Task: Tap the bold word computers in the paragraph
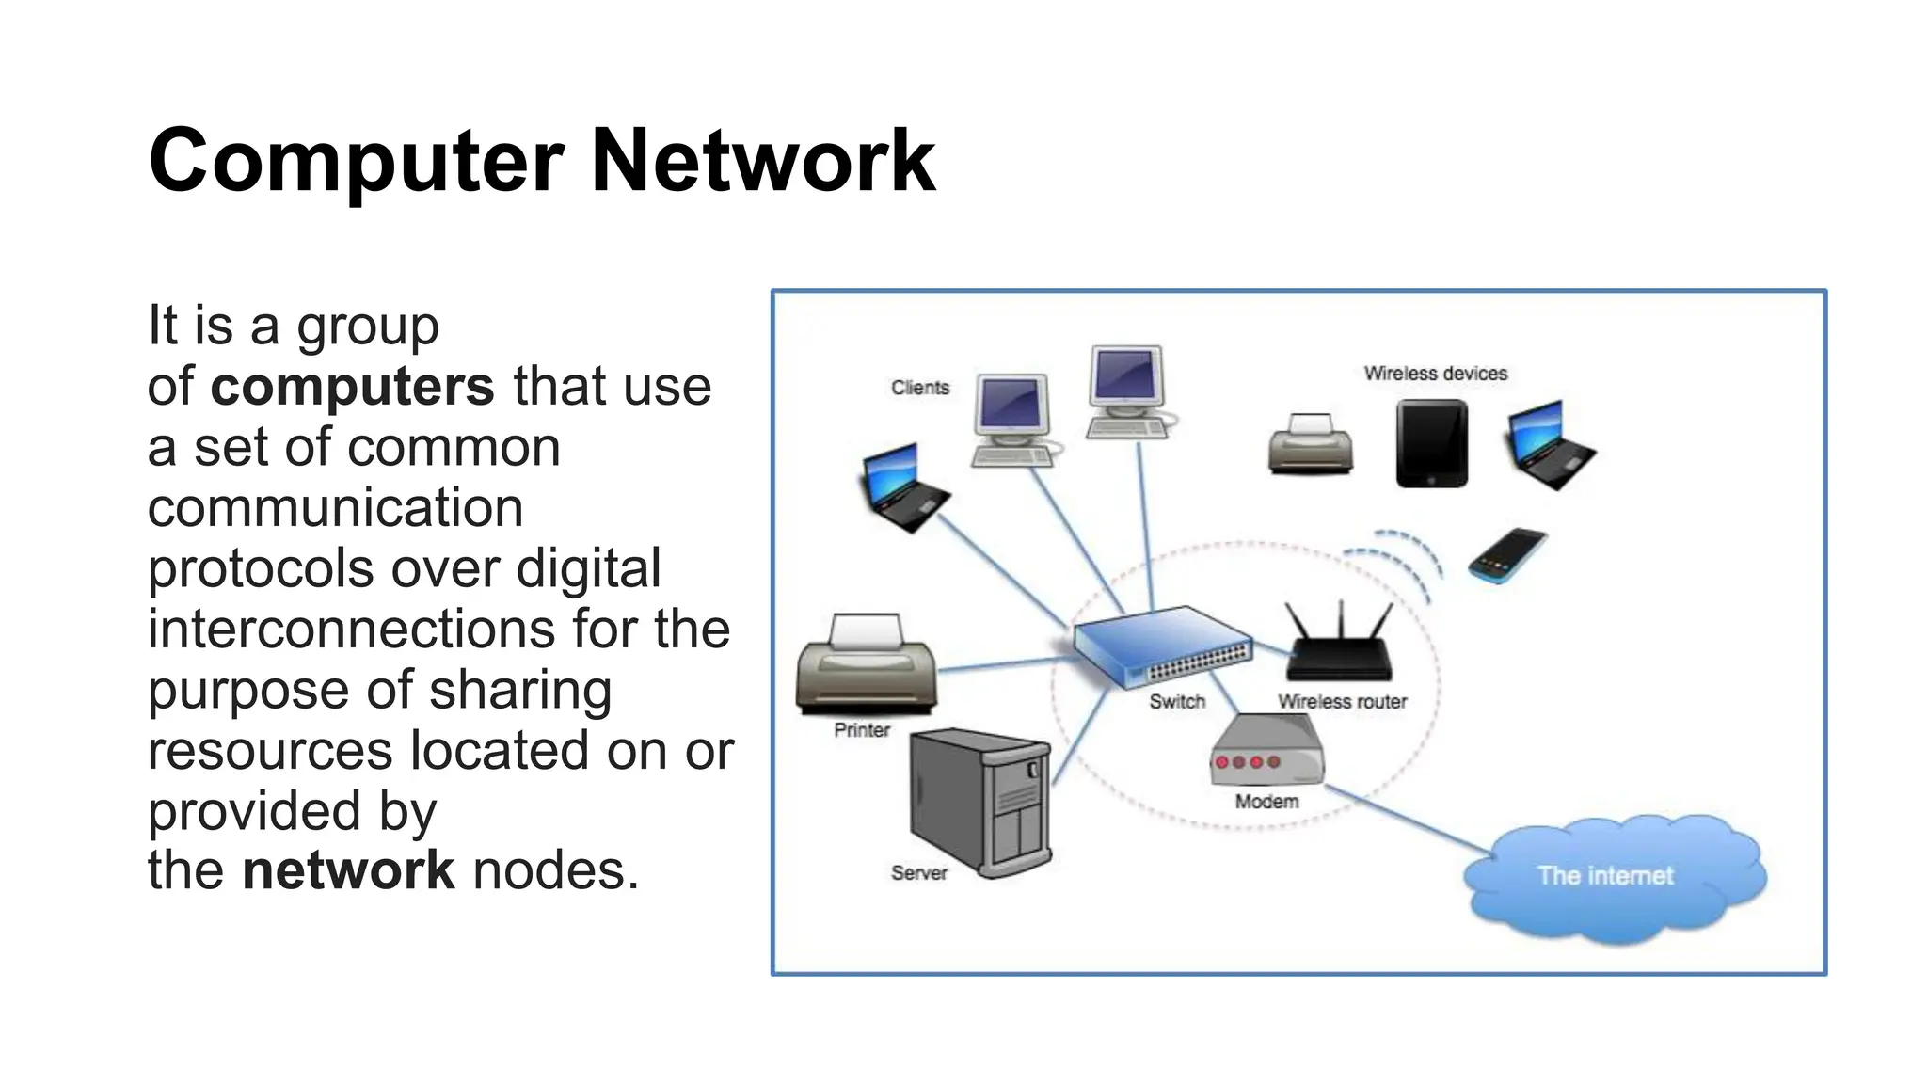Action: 352,386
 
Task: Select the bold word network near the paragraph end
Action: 348,869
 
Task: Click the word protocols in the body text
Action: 260,568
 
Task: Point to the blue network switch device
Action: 1163,645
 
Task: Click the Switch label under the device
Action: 1176,702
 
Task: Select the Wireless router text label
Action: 1342,702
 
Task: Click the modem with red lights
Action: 1267,752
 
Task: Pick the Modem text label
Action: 1266,802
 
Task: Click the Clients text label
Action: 920,388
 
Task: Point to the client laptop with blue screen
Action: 904,487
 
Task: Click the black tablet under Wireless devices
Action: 1431,443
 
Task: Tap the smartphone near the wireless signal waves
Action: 1507,556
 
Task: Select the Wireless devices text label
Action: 1435,374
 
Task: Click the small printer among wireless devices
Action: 1311,444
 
